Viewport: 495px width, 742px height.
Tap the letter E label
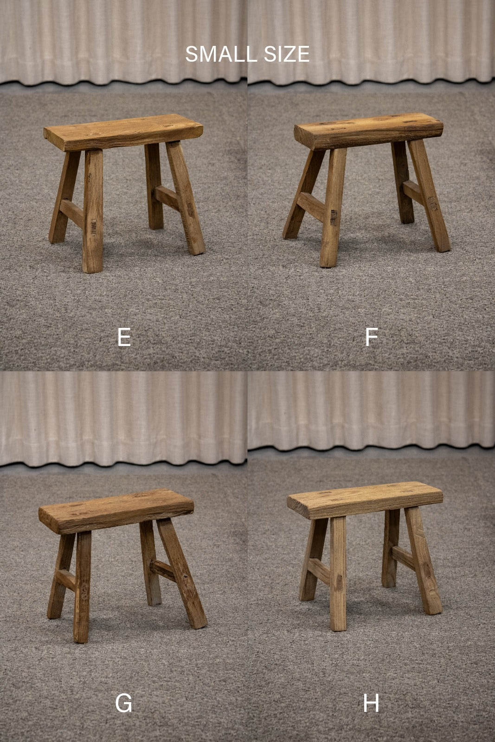click(x=124, y=337)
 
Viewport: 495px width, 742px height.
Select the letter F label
click(x=372, y=337)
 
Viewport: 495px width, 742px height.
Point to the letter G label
click(x=123, y=703)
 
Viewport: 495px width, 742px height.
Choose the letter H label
click(x=371, y=703)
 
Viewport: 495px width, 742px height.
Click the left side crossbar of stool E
click(x=71, y=212)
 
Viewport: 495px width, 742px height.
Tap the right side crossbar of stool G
click(x=163, y=570)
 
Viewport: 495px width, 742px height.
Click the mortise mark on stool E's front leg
click(x=94, y=227)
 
